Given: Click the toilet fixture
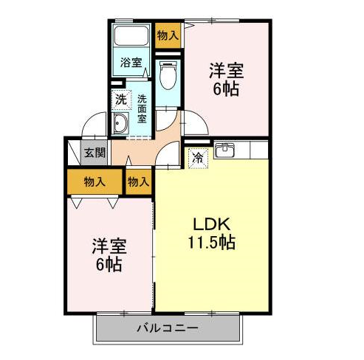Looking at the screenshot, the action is pos(168,75).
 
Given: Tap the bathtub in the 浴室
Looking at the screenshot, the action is pos(131,36).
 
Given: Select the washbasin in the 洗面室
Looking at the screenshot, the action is pos(120,124).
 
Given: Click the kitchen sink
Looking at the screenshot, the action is pos(224,150).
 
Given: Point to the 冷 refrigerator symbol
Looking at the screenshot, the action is pos(198,158).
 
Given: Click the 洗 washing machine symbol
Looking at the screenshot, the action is pos(120,100).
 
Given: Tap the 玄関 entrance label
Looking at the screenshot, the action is pos(95,153).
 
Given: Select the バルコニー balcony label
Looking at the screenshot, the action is pos(168,328).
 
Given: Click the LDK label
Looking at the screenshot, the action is pos(212,224).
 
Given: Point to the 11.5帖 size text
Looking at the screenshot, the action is pos(212,243).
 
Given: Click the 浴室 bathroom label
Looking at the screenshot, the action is pos(131,62).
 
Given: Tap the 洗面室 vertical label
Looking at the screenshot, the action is pos(142,108).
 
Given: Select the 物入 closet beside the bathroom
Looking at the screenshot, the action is pos(168,35).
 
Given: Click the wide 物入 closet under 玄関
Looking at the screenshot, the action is pos(95,181).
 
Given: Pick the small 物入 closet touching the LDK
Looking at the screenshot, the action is pos(138,182).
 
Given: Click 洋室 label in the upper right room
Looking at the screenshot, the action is pos(227,71).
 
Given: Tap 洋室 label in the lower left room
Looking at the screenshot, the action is pos(109,246).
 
